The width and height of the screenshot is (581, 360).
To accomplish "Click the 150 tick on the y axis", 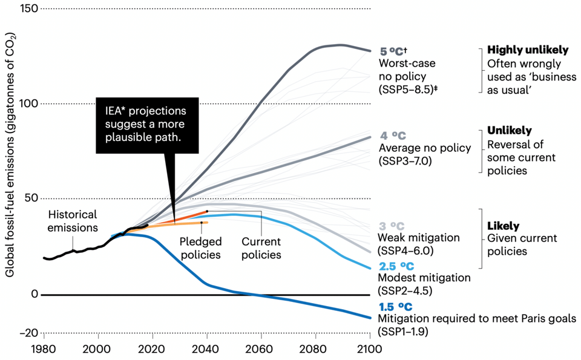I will coord(28,8).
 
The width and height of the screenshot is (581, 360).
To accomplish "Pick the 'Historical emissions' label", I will coord(73,221).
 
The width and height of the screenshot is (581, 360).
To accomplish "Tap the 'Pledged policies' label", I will coord(200,247).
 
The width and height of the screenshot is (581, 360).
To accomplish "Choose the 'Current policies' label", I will coord(261,247).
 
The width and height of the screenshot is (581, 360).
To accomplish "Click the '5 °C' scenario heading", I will coord(392,51).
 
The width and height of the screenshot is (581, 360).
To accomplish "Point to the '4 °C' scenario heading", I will coord(392,136).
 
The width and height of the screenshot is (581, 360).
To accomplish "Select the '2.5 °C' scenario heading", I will coord(397,266).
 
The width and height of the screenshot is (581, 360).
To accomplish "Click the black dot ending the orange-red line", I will coord(207,212).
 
